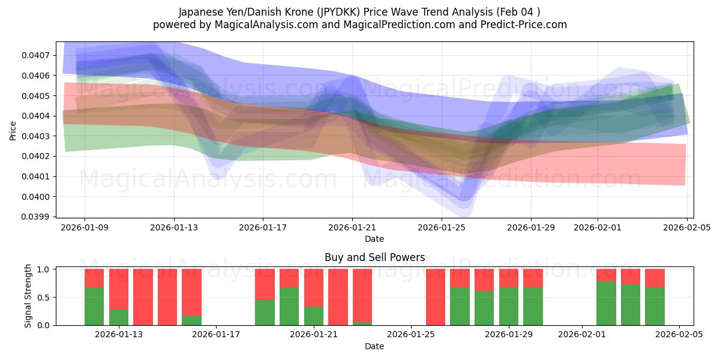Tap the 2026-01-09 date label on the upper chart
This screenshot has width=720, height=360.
84,227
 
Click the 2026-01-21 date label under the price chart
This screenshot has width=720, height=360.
352,227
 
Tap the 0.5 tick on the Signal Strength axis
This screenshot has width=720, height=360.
45,298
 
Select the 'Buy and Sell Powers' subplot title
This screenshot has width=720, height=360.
374,257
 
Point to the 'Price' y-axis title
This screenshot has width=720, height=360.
13,130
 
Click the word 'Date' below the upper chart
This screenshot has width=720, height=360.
374,239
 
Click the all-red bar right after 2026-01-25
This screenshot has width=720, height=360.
436,297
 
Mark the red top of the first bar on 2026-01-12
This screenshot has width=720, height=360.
94,278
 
